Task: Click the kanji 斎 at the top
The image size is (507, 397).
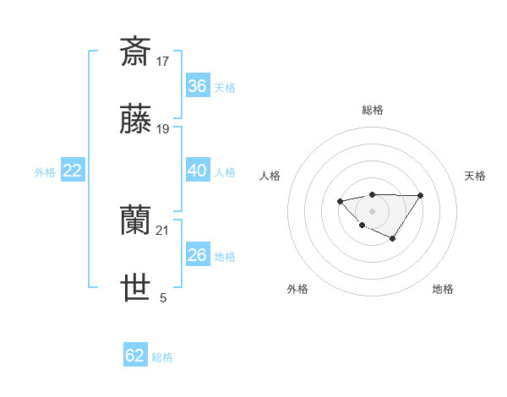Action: coord(135,51)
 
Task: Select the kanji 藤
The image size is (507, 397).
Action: coord(135,120)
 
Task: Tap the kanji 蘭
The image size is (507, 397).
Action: coord(135,221)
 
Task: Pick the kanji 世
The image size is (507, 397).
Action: coord(135,289)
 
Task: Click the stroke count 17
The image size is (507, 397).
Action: coord(163,61)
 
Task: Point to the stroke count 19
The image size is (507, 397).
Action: coord(163,129)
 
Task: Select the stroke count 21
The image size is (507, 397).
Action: coord(163,231)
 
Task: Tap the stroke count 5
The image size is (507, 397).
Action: coord(163,298)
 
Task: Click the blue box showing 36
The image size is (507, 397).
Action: coord(197,86)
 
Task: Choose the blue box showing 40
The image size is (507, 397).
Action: coord(197,171)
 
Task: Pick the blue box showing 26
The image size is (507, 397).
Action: coord(197,255)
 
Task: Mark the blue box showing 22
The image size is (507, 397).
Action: coord(72,171)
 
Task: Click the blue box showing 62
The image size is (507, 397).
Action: coord(135,356)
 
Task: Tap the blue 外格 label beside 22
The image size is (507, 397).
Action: coord(45,172)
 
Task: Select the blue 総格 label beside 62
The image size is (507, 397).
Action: coord(162,357)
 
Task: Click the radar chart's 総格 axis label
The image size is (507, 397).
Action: coord(372,110)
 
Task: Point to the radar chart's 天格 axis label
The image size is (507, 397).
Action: coord(475,176)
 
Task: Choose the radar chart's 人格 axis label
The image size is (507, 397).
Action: coord(270,176)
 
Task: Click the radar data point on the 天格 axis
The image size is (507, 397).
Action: coord(421,195)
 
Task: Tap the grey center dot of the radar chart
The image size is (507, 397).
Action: coord(372,211)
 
